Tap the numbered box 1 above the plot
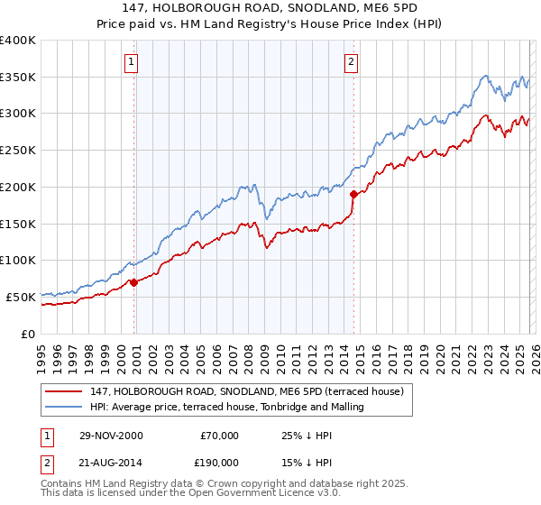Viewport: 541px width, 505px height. (132, 62)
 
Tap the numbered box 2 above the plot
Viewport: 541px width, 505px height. (350, 62)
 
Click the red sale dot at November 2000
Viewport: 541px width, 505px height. (134, 282)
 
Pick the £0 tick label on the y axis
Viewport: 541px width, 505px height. (30, 334)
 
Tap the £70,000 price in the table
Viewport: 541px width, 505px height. (219, 436)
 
